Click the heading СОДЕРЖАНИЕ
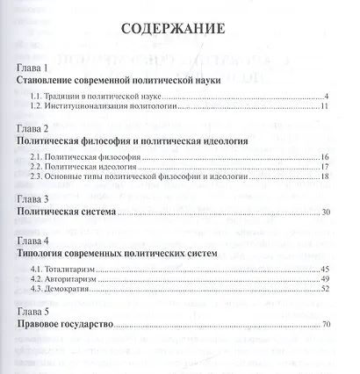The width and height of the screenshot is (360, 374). pyautogui.click(x=179, y=29)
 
